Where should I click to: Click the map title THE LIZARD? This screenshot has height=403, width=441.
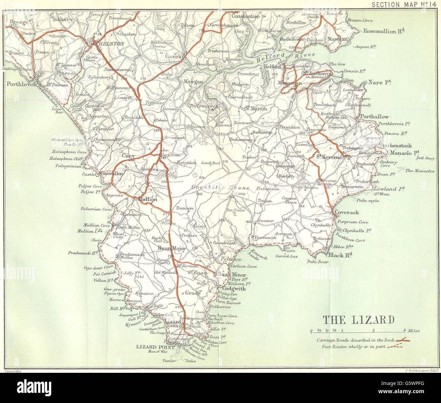click(x=358, y=320)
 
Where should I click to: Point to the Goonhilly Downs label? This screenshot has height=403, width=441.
click(x=220, y=188)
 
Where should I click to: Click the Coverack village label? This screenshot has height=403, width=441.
click(x=347, y=213)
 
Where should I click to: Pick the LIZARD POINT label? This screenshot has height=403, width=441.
click(x=155, y=347)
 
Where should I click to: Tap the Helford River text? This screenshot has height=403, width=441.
click(x=285, y=57)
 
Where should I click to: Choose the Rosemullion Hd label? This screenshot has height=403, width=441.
click(x=384, y=31)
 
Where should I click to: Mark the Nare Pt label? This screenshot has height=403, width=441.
click(x=380, y=82)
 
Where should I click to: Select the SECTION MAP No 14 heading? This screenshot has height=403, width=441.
click(x=404, y=4)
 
